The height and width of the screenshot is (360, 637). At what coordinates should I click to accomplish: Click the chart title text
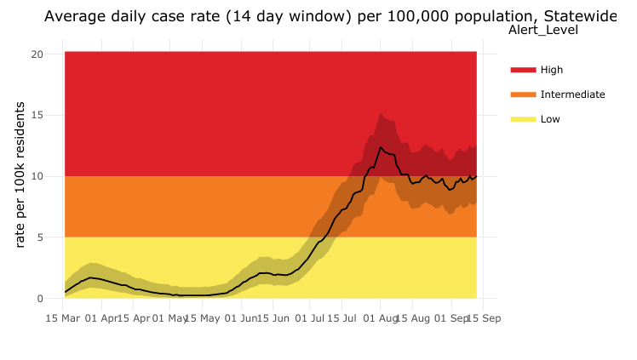coord(329,16)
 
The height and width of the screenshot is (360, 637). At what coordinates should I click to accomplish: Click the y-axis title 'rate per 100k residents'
coord(20,184)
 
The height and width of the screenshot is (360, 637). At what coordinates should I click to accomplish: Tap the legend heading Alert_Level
coord(542,31)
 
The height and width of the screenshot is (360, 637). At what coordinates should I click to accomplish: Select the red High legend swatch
coord(523,70)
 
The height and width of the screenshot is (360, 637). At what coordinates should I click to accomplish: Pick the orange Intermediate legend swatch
coord(523,94)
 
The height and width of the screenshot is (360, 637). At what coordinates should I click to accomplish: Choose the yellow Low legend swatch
coord(523,119)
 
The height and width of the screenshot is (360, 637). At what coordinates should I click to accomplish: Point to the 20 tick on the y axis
coord(37,54)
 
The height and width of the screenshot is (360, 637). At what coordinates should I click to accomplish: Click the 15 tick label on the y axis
coord(37,116)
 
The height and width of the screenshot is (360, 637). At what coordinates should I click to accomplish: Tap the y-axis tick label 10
coord(37,177)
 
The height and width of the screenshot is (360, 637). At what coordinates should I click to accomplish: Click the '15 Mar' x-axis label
coord(65,319)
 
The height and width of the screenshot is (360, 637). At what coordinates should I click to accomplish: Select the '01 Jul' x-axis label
coord(312,319)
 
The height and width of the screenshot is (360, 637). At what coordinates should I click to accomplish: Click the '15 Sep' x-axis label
coord(485,319)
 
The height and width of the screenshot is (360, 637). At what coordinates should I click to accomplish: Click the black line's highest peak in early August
coord(381,147)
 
